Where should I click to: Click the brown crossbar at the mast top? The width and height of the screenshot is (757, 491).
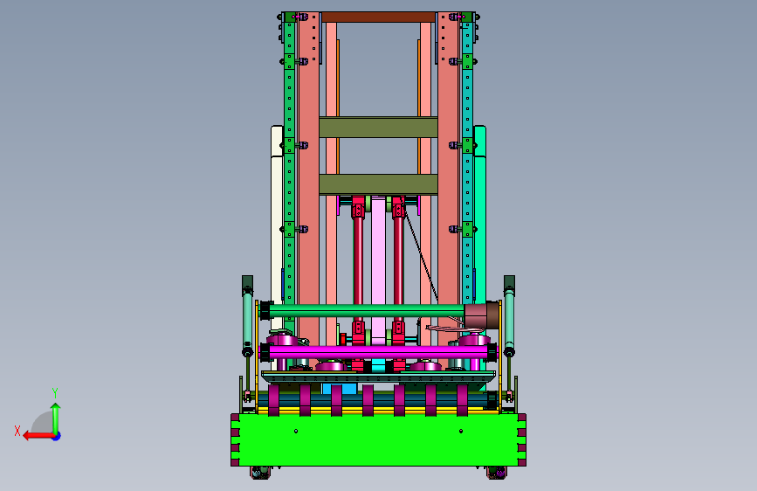(x=379, y=17)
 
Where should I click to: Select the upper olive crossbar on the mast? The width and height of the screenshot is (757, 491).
(x=379, y=128)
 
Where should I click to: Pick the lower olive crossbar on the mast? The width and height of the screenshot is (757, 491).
(x=379, y=184)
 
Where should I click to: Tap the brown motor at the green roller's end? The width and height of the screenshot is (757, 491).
(x=482, y=315)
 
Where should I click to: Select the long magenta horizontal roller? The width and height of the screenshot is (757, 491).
(x=378, y=352)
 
